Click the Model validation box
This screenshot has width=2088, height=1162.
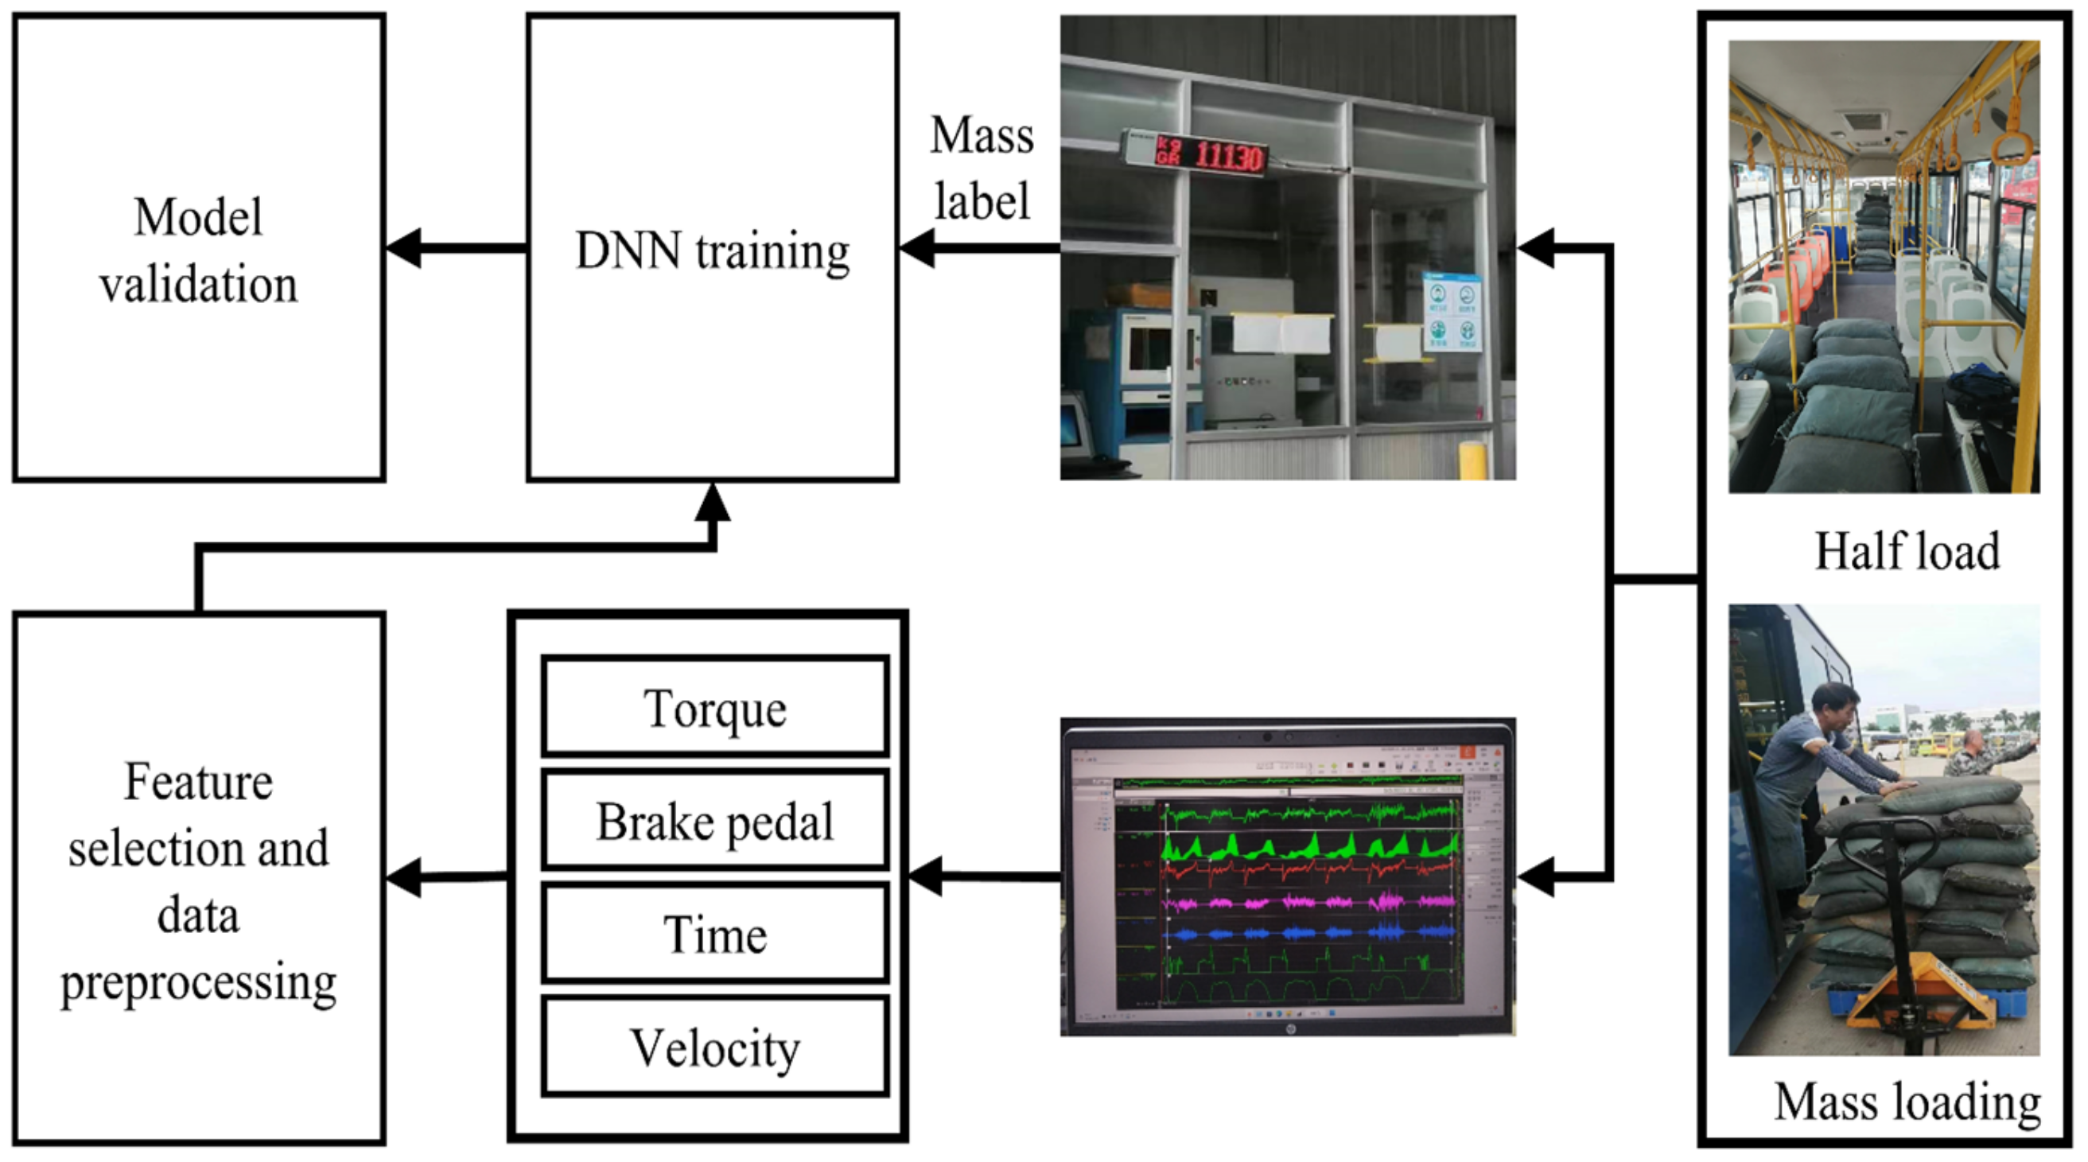coord(199,248)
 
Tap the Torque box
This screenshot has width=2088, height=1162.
coord(715,707)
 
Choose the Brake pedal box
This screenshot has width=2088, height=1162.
coord(715,820)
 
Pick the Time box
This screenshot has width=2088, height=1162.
coord(715,934)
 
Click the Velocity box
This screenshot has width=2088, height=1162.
coord(715,1047)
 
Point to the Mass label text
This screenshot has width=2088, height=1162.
coord(982,168)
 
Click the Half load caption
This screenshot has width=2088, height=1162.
coord(1907,552)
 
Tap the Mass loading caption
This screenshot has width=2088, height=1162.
coord(1907,1102)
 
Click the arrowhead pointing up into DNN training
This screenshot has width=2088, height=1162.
coord(713,504)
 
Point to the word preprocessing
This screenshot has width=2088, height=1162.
coord(199,982)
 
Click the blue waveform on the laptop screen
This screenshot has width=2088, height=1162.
coord(1305,934)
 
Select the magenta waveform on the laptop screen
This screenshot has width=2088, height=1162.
coord(1305,901)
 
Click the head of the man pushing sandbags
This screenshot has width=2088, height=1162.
coord(1836,703)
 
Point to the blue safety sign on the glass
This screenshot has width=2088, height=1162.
coord(1452,312)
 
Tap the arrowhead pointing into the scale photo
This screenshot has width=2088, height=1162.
coord(1534,248)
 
